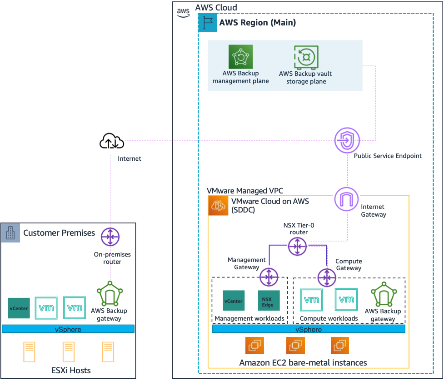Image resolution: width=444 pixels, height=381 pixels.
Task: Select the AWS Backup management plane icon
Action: click(x=240, y=57)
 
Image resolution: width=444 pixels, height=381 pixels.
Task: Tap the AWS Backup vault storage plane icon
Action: click(x=306, y=57)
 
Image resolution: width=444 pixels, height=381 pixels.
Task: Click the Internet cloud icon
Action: click(x=112, y=141)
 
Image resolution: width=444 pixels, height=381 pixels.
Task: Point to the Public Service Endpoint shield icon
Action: click(x=347, y=141)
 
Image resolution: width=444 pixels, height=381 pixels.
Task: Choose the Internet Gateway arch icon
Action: click(x=347, y=198)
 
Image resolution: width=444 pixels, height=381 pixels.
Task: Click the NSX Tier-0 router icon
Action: click(x=298, y=246)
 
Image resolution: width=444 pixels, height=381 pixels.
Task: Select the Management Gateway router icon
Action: click(x=269, y=277)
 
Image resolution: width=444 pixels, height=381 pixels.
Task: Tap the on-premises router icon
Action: click(x=110, y=237)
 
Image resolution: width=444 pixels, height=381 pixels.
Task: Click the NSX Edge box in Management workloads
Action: click(x=269, y=301)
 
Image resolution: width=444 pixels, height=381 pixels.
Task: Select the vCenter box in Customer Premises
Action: click(x=19, y=308)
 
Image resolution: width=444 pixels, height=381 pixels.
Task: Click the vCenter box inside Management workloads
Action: click(x=234, y=301)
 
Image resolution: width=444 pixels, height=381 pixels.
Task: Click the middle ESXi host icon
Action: click(x=68, y=352)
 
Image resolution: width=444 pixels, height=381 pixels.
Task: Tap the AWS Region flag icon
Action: click(x=208, y=22)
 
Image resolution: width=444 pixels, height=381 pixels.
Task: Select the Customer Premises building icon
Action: click(x=10, y=233)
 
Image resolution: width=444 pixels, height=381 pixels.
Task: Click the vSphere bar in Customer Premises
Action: click(x=68, y=329)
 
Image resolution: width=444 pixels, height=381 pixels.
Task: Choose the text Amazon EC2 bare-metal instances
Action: click(x=303, y=362)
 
